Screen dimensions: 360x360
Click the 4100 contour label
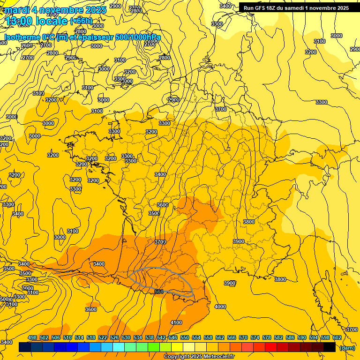tap(176, 322)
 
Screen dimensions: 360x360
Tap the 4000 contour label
tap(220, 307)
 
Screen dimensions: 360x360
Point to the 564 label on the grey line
tap(159, 292)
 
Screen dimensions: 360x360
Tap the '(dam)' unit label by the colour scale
tap(347, 348)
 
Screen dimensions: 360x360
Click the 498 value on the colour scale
tap(32, 337)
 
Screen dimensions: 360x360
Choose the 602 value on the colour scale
tap(337, 337)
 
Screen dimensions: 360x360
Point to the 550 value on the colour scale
tap(185, 337)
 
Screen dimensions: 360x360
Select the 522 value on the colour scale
tap(103, 337)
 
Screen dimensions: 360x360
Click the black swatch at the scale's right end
tap(329, 347)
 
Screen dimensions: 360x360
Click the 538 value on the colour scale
tap(150, 337)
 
